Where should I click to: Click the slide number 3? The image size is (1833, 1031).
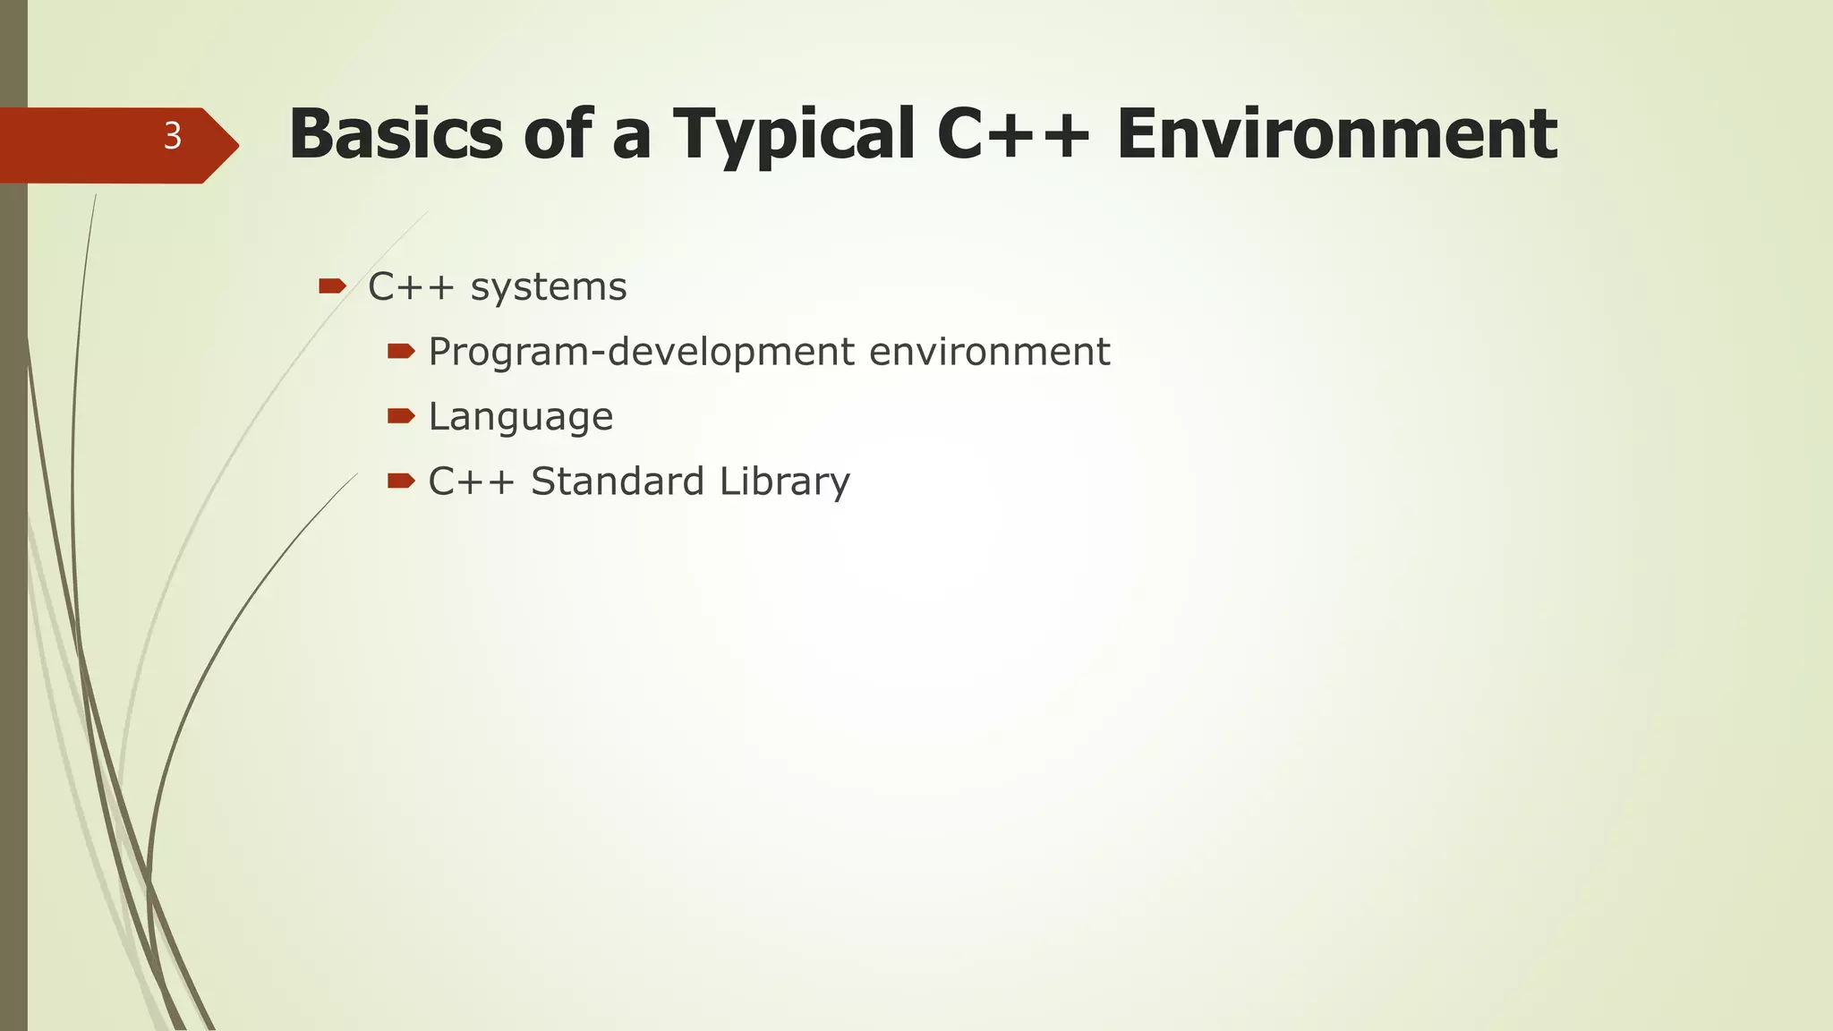173,137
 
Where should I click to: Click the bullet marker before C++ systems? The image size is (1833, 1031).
332,286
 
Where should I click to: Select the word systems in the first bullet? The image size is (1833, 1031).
549,287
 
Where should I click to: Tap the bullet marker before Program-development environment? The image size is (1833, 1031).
401,352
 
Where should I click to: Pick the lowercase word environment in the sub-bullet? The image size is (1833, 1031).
989,352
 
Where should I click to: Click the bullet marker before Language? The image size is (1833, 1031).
401,416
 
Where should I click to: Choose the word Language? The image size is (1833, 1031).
521,417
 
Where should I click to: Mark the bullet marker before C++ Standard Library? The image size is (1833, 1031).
401,481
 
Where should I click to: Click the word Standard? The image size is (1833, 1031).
618,481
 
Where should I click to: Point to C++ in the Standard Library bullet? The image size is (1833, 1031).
472,481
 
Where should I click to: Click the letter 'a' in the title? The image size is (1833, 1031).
631,139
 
